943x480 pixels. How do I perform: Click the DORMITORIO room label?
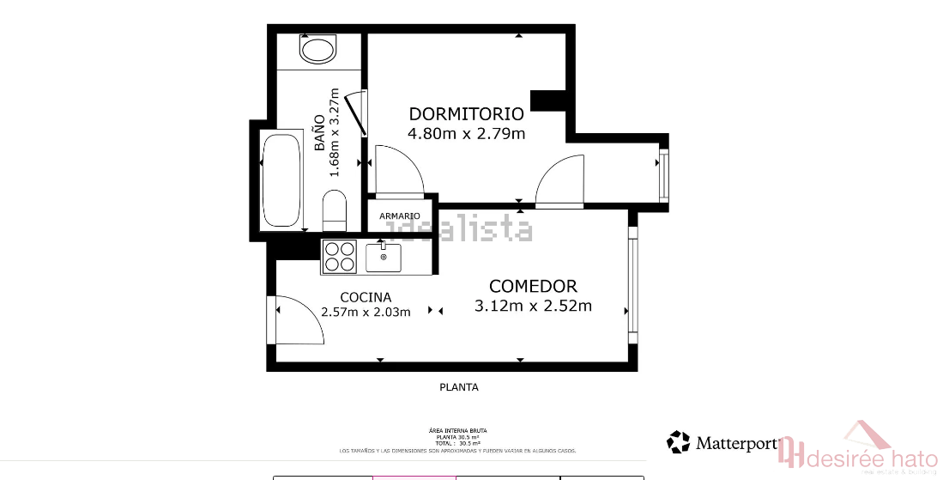[x=466, y=113]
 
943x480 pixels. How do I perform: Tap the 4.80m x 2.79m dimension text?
[x=466, y=133]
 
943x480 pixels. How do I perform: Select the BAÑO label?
[x=319, y=133]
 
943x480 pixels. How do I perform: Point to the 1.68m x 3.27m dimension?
[x=335, y=133]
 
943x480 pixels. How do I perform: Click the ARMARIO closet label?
[x=400, y=216]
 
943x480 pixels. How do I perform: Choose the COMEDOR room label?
[x=533, y=286]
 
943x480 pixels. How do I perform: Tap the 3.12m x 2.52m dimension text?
[x=533, y=306]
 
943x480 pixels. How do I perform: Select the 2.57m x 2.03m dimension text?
[x=366, y=312]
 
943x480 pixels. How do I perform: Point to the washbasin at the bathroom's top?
[x=318, y=49]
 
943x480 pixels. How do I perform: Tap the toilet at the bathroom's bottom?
[x=334, y=210]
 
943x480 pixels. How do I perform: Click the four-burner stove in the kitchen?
[x=339, y=256]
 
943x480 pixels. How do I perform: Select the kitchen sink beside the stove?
[x=384, y=256]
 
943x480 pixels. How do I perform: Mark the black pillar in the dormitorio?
[x=547, y=100]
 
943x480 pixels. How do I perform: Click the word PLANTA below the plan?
[x=459, y=387]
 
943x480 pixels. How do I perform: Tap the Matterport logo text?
[x=736, y=443]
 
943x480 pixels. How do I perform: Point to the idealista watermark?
[x=459, y=230]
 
